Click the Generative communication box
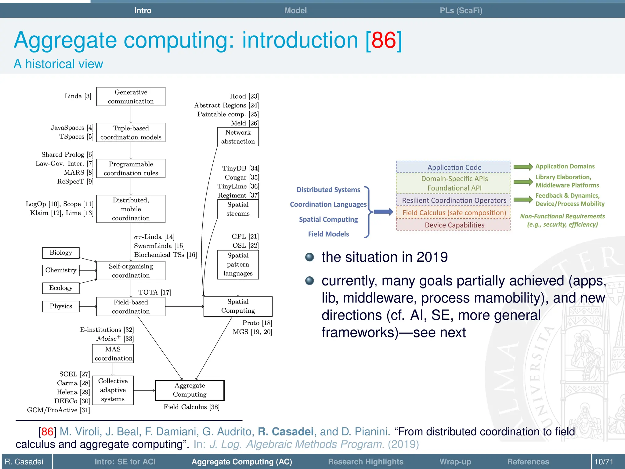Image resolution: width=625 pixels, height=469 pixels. [131, 96]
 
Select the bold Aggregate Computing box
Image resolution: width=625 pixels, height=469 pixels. [190, 390]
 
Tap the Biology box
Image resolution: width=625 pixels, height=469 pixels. [61, 253]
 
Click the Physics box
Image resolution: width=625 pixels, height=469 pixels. [61, 306]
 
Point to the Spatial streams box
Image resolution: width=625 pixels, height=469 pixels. [238, 209]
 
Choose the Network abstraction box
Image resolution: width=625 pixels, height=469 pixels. [238, 137]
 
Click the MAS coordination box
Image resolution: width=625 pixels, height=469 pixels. [113, 354]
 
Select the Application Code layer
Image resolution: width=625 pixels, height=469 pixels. [454, 167]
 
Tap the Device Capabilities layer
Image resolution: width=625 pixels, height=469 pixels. [454, 225]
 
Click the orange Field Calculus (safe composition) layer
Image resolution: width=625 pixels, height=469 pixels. [454, 213]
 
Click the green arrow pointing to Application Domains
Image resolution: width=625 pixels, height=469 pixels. [523, 166]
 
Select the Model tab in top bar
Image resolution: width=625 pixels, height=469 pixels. [295, 10]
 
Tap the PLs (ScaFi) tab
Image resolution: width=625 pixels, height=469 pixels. [461, 10]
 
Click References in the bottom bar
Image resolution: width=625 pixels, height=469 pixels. [528, 461]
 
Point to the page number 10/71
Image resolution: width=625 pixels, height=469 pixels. [604, 461]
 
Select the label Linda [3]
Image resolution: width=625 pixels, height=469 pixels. [78, 96]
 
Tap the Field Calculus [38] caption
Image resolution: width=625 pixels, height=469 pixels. [191, 407]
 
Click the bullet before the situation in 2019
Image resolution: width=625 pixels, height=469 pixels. [309, 257]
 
